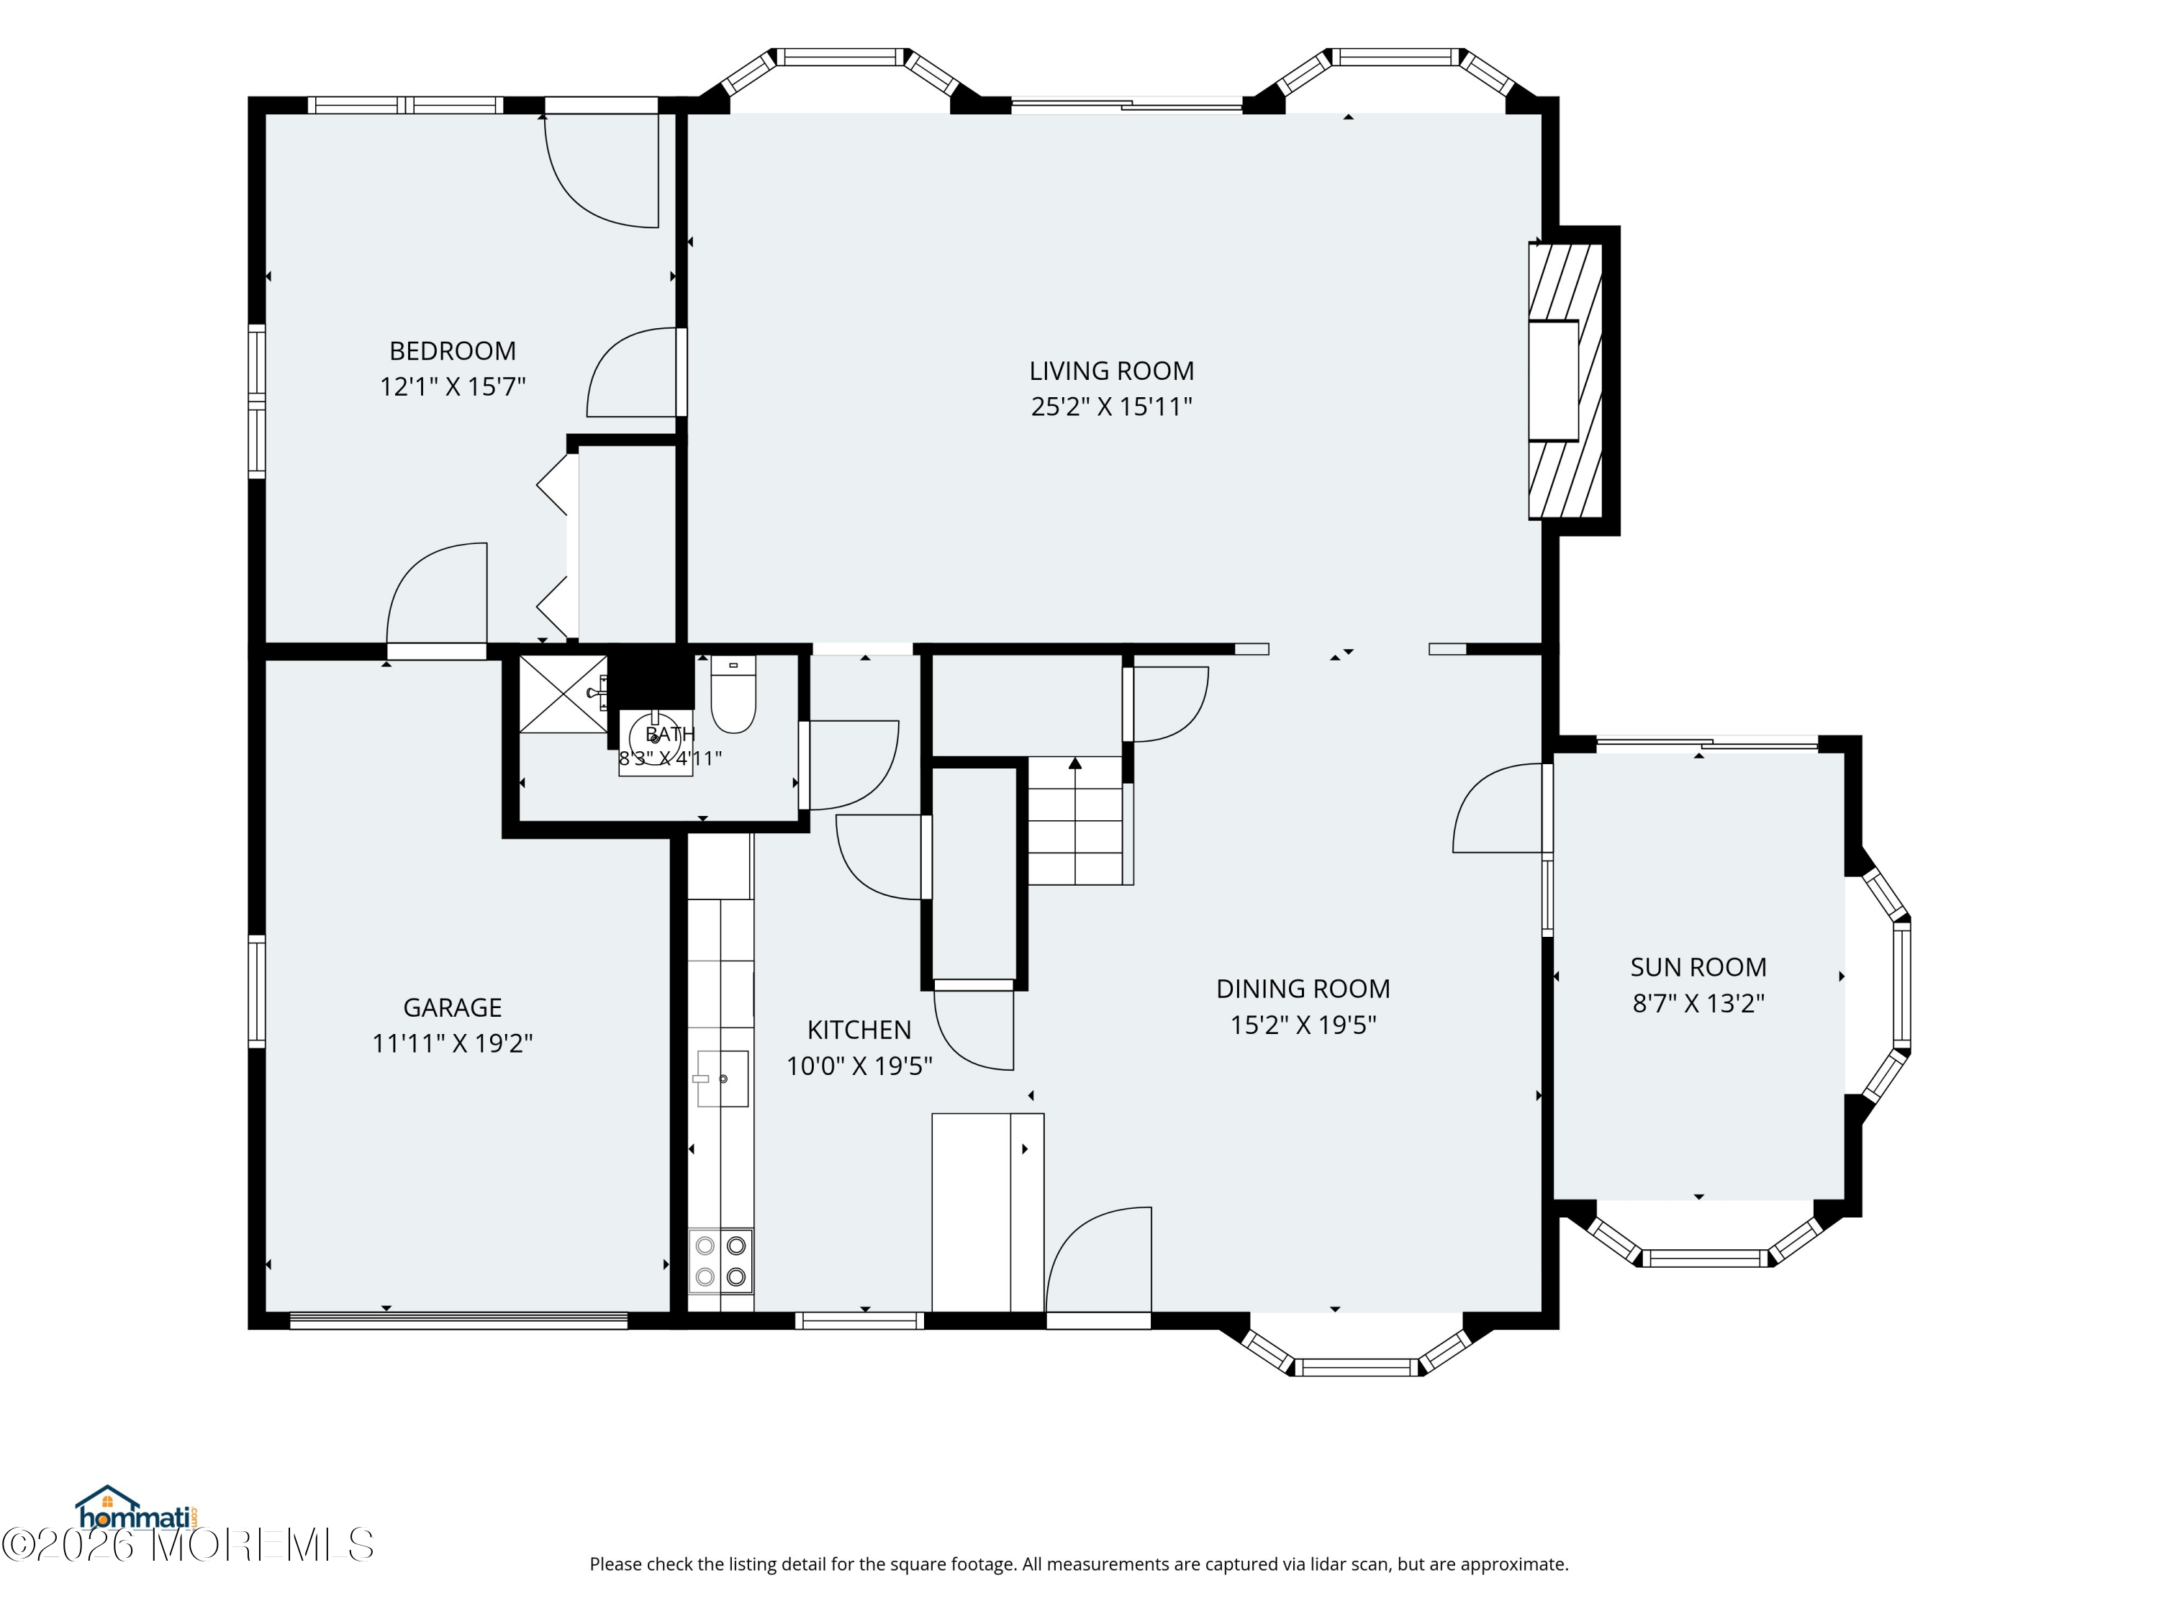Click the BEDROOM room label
tap(452, 350)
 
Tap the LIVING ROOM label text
tap(1112, 371)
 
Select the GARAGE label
tap(452, 1007)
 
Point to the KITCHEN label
tap(859, 1030)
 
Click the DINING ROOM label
tap(1303, 989)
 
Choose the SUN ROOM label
tap(1698, 967)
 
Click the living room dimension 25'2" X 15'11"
tap(1112, 406)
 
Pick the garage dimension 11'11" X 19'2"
tap(452, 1043)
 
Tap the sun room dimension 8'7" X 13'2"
tap(1698, 1003)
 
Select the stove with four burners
tap(720, 1260)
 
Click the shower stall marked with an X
tap(563, 694)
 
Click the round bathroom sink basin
tap(655, 739)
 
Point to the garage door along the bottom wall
tap(458, 1320)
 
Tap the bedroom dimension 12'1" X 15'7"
tap(452, 386)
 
